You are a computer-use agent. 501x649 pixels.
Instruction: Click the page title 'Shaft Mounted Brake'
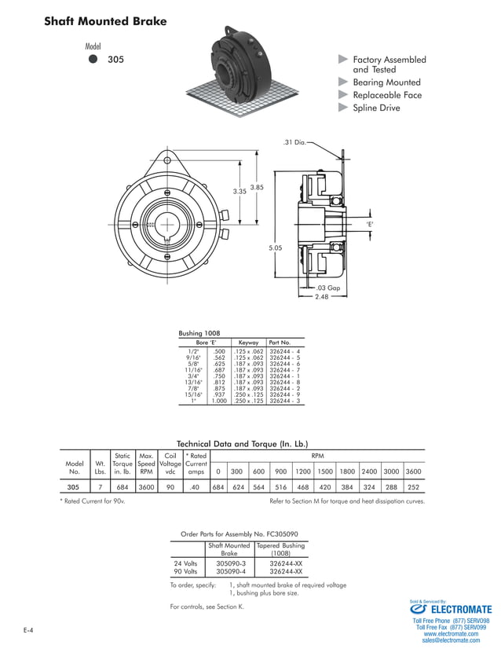pos(105,22)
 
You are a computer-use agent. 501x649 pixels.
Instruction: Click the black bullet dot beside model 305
pos(93,59)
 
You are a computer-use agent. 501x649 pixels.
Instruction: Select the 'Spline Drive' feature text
pos(376,108)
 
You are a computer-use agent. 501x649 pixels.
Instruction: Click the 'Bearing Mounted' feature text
pos(386,82)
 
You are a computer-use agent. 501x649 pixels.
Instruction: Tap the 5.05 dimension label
pos(275,248)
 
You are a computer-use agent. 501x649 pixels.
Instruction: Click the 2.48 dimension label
pos(321,297)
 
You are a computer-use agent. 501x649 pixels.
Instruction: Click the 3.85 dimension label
pos(256,187)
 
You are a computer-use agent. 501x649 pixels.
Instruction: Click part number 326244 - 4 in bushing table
pos(284,350)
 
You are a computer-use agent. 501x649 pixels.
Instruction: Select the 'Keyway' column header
pos(248,343)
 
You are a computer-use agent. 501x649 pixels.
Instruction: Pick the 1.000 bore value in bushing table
pos(218,401)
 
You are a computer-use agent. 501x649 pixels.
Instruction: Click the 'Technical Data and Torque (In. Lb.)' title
pos(243,443)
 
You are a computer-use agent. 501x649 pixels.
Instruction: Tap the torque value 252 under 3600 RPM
pos(413,487)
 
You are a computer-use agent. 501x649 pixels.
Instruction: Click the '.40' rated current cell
pos(196,487)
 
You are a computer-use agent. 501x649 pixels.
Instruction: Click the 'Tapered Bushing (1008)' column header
pos(280,548)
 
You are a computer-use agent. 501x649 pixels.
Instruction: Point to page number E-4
pos(28,630)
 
